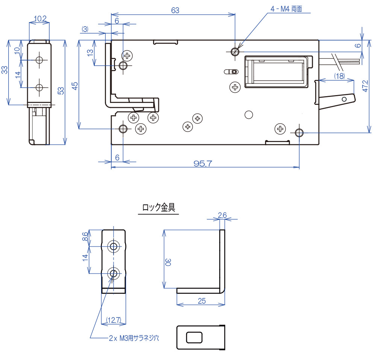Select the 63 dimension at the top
[175, 11]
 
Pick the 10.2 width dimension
[39, 18]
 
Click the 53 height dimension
[61, 91]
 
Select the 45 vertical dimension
[75, 85]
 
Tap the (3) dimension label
[85, 29]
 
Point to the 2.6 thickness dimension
[222, 215]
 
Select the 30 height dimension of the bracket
[168, 262]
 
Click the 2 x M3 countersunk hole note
[134, 338]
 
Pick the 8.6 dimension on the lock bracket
[85, 237]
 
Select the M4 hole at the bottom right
[299, 132]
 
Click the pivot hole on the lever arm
[344, 99]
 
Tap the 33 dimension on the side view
[5, 70]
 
